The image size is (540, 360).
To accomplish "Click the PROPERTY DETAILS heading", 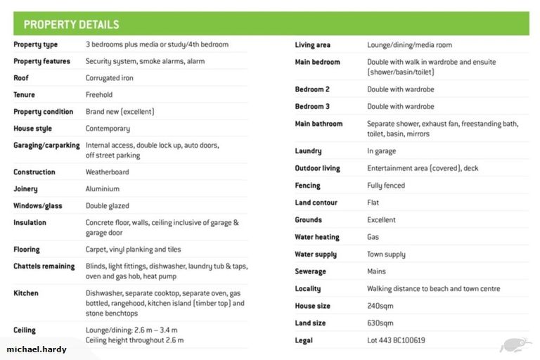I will pos(71,25).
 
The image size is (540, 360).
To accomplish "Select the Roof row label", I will pos(21,78).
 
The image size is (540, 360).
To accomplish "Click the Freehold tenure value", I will pos(99,95).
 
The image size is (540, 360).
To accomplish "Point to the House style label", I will pos(32,129).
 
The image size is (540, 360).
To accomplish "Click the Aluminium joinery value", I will pos(103,189).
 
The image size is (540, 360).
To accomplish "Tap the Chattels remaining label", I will pos(44,266).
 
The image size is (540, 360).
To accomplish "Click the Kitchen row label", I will pos(26,293).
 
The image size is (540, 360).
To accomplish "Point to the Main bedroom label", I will pos(317,62).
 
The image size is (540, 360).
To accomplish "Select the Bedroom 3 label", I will pos(312,107).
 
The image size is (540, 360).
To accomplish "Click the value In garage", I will pos(382,151).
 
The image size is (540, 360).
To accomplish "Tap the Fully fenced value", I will pos(386,186).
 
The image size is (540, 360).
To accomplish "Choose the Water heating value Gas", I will pos(373,238).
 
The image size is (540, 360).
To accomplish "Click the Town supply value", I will pos(386,255).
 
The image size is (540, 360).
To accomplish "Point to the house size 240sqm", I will pos(380,307).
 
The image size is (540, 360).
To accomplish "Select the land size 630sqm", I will pos(380,323).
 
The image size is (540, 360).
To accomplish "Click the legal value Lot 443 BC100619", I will pos(396,340).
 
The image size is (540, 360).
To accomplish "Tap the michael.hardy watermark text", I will pos(36,349).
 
